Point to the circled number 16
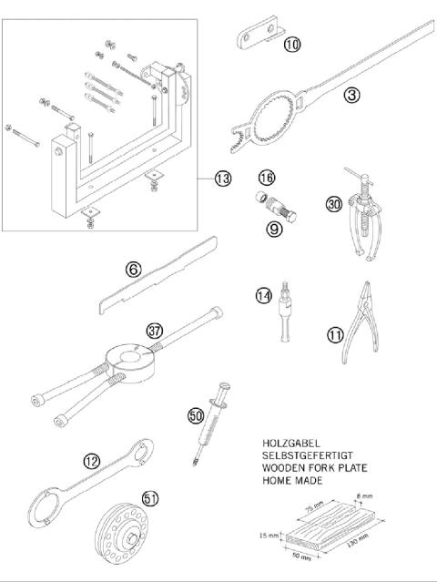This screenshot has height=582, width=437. coord(266,177)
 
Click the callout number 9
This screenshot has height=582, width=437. coord(272,230)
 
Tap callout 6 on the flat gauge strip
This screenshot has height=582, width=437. coord(133,269)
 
